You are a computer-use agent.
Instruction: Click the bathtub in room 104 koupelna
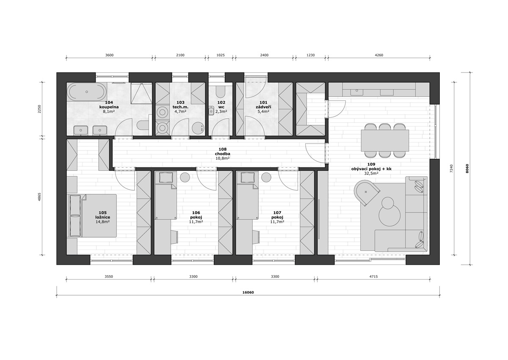[87, 91]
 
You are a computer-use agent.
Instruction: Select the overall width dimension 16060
[248, 292]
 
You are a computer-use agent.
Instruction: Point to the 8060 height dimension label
[467, 169]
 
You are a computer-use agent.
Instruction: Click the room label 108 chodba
[223, 151]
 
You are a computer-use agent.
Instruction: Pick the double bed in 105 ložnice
[91, 216]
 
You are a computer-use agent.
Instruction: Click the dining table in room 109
[385, 141]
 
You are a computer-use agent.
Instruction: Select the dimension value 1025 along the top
[221, 55]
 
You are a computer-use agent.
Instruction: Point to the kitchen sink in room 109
[357, 91]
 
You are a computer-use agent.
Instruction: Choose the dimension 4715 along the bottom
[373, 277]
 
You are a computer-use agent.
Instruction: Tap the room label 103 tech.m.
[180, 105]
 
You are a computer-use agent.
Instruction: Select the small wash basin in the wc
[211, 111]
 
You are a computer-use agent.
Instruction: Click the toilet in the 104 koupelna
[143, 125]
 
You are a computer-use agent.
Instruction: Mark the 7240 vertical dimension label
[451, 169]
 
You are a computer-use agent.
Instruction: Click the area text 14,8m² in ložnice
[103, 222]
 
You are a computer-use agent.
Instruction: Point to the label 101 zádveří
[263, 105]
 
